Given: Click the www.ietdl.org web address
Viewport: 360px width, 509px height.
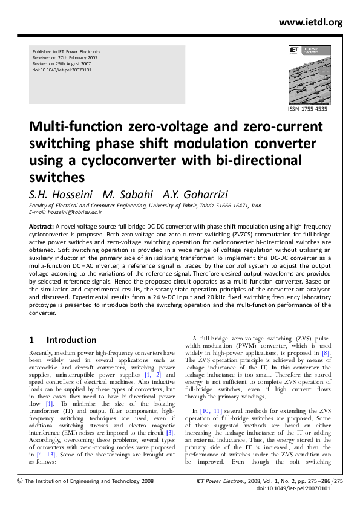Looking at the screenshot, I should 310,22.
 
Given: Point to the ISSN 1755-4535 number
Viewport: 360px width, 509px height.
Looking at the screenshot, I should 308,109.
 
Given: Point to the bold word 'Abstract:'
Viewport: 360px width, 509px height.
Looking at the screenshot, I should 41,225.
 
